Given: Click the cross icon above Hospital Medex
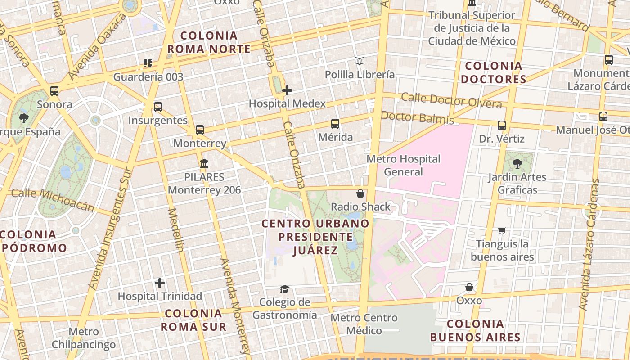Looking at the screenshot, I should point(287,90).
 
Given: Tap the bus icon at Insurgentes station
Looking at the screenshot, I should point(157,107).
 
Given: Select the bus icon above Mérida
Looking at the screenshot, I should point(335,124).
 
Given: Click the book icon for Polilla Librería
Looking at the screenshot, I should point(359,61).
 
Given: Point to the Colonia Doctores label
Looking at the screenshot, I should point(494,72).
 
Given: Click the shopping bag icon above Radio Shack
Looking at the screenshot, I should point(360,193).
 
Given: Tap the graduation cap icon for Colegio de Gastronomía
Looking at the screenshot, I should point(284,289).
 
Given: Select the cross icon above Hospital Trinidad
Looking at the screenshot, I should point(159,283).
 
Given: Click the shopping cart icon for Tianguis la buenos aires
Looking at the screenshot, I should point(502,230).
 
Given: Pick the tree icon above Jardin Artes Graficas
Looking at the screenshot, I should point(517,164).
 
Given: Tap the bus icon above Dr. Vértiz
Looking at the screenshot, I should point(501,126).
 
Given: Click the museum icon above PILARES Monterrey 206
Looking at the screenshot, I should point(204,163).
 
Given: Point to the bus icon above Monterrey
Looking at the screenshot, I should point(199,130).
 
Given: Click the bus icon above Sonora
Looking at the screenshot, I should point(54,91).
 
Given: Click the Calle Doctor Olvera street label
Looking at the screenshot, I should point(451,100).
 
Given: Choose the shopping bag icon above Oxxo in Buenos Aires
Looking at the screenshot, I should point(469,287).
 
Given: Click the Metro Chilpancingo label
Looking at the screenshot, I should point(83,338).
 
